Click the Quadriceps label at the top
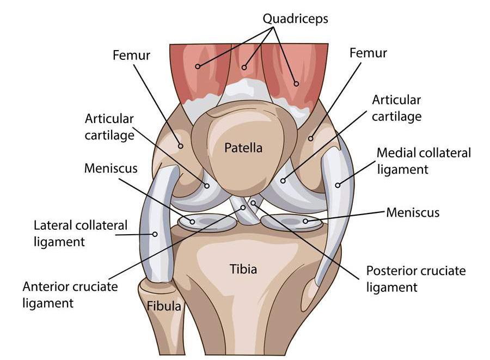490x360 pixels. (295, 19)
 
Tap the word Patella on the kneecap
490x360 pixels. (244, 148)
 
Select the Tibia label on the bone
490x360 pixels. (243, 269)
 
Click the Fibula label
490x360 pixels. (164, 306)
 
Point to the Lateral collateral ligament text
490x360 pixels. (81, 233)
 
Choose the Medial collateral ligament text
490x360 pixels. (424, 161)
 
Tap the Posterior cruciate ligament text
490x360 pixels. (416, 278)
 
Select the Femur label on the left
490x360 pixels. (131, 55)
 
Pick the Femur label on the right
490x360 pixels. (369, 53)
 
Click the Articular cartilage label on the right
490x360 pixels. (396, 108)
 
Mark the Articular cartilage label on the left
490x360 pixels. (109, 127)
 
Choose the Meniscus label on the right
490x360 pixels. (413, 211)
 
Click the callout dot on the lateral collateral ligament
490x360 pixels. (155, 235)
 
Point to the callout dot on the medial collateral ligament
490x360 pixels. (338, 185)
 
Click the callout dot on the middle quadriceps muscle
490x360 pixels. (244, 68)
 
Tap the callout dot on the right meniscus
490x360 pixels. (305, 221)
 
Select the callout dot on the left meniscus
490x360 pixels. (193, 221)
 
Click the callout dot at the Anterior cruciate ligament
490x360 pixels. (243, 208)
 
